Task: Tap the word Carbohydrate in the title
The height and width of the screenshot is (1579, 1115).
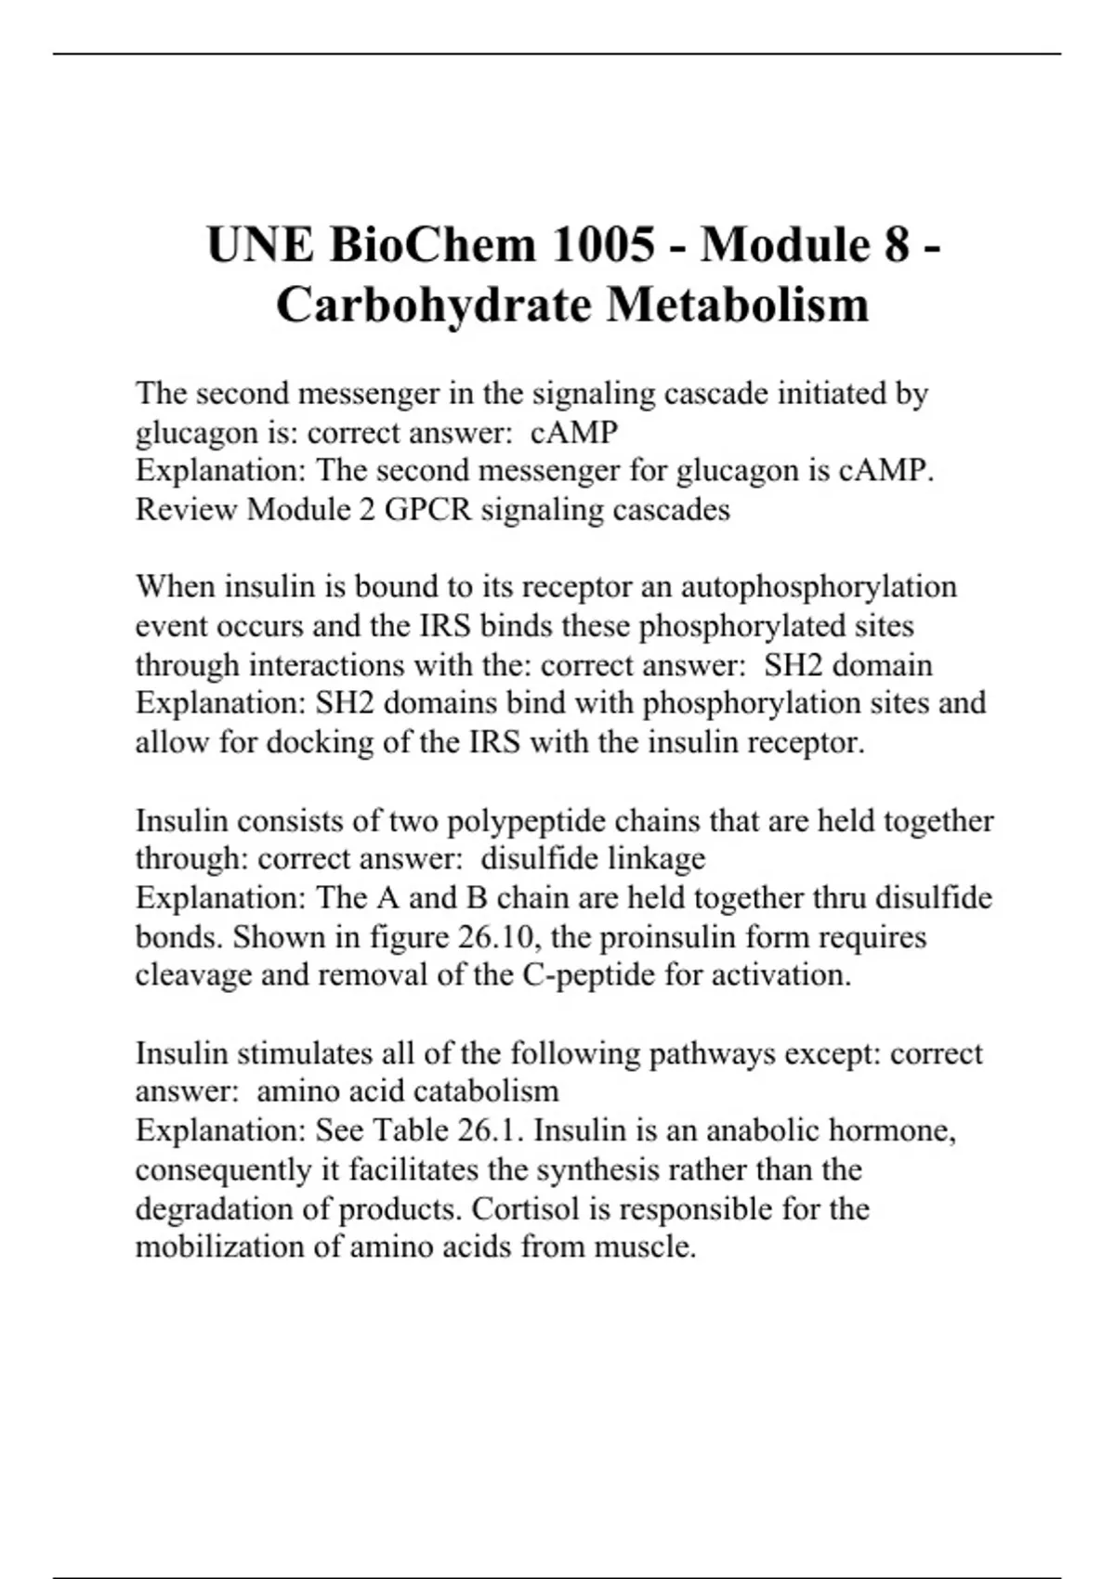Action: pyautogui.click(x=434, y=305)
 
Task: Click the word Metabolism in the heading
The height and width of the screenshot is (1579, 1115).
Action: pyautogui.click(x=739, y=305)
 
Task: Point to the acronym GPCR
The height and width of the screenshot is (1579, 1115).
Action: pyautogui.click(x=427, y=510)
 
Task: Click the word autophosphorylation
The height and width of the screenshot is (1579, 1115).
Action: pyautogui.click(x=819, y=587)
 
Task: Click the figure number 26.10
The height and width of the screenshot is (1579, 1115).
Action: pyautogui.click(x=498, y=937)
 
